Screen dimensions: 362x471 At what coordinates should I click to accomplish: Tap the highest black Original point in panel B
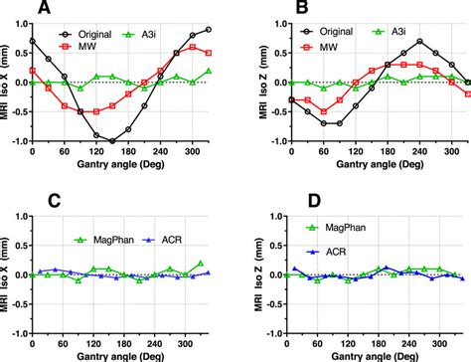(392, 41)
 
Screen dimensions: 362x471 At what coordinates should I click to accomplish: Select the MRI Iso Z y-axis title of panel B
(248, 82)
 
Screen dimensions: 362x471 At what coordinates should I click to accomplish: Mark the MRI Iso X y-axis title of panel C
(10, 270)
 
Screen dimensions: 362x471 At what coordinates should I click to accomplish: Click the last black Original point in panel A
(208, 30)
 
